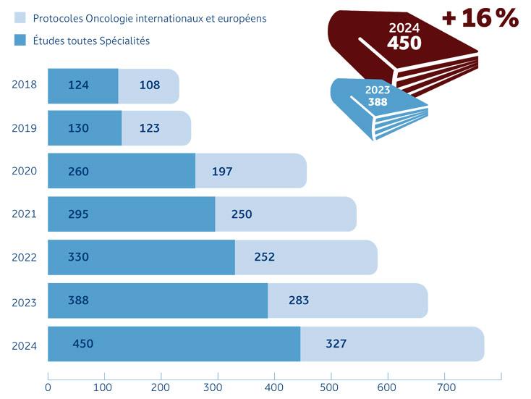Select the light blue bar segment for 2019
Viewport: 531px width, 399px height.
[156, 128]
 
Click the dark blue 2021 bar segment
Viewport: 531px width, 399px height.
[131, 214]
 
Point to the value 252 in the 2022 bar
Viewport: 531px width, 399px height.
[264, 257]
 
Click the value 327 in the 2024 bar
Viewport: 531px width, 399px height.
[336, 343]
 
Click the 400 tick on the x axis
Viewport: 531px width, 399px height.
[274, 387]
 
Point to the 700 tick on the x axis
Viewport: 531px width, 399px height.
[444, 387]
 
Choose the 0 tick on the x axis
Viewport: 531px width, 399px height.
[48, 387]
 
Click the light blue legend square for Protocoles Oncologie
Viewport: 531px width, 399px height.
[20, 18]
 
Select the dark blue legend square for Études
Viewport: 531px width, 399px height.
[20, 41]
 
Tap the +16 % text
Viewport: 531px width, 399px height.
[480, 17]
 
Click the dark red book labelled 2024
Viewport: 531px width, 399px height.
[405, 51]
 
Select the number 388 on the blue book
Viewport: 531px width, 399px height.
[377, 102]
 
